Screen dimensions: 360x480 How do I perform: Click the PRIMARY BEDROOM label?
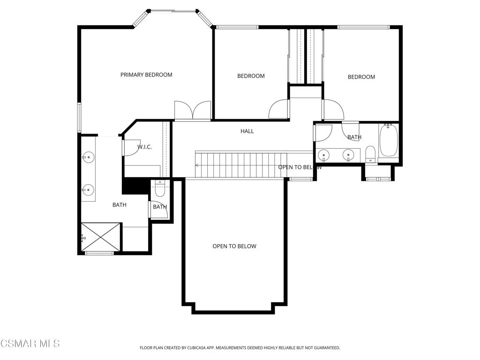click(x=146, y=75)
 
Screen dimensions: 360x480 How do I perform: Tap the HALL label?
click(x=247, y=131)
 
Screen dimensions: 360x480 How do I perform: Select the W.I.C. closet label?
click(x=144, y=147)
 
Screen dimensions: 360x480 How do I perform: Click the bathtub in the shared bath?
click(x=389, y=140)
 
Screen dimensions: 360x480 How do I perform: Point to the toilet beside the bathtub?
click(x=370, y=153)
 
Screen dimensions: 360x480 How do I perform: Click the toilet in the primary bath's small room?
click(x=159, y=190)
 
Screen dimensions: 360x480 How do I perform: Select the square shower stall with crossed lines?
click(x=101, y=237)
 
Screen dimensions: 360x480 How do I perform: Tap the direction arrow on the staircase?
click(x=197, y=165)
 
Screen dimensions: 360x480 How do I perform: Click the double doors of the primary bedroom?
click(x=193, y=111)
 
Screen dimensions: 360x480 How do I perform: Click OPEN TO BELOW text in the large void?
click(x=234, y=246)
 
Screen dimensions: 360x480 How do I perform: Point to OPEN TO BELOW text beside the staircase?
click(x=300, y=167)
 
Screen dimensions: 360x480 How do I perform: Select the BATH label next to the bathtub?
click(x=354, y=137)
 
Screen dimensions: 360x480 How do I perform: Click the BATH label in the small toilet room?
click(x=160, y=207)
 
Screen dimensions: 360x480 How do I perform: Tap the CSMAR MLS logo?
click(x=30, y=344)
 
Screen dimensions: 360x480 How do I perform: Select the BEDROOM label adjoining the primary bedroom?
click(x=251, y=76)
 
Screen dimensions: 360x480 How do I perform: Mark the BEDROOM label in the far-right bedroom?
click(x=361, y=77)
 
